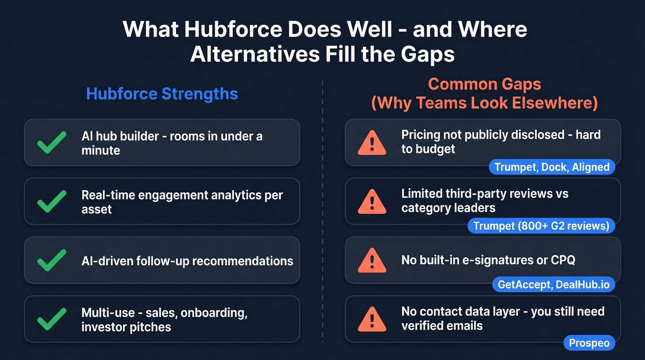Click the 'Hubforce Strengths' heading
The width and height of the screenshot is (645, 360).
[162, 94]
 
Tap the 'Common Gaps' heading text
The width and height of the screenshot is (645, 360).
[484, 84]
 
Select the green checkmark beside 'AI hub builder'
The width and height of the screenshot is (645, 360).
[52, 142]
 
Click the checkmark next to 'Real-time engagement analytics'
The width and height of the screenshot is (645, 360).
[52, 201]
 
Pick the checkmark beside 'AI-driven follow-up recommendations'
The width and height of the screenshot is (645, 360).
[52, 260]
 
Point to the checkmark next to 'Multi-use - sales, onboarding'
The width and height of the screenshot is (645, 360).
[52, 319]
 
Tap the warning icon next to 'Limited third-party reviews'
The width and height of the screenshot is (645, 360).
[372, 201]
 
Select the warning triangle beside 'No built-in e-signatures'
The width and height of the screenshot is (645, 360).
[372, 260]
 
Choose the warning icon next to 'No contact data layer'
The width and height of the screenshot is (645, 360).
[372, 319]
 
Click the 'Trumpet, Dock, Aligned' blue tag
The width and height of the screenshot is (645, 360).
[552, 167]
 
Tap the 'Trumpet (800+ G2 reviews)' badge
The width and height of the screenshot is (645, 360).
[541, 226]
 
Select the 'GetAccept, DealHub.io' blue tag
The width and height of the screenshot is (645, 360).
[553, 284]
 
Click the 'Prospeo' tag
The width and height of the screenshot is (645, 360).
[589, 343]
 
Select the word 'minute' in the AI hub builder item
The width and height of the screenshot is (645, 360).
[101, 150]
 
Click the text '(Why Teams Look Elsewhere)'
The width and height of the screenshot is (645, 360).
[484, 103]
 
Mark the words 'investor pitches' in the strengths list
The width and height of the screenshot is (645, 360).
[126, 327]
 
